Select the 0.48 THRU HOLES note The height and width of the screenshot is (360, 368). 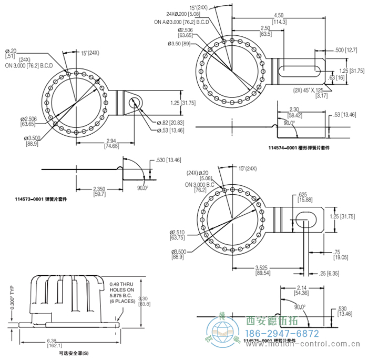pyautogui.click(x=122, y=289)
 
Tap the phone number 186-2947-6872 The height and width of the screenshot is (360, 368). pyautogui.click(x=283, y=334)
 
